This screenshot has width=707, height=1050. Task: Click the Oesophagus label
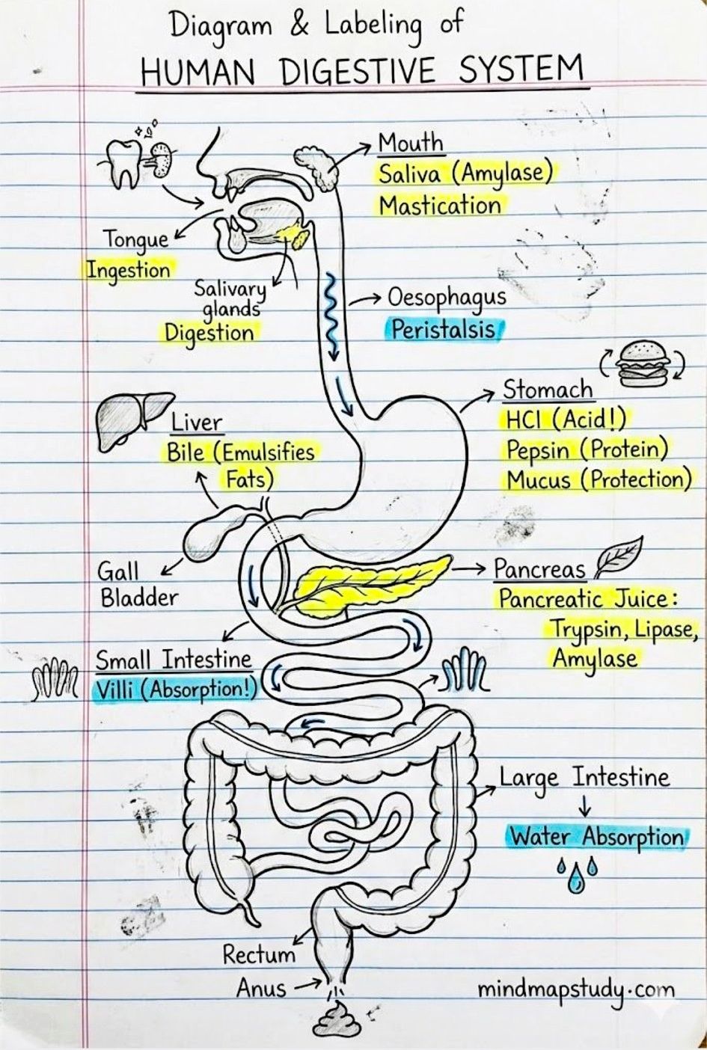447,298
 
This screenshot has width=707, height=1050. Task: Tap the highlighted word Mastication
439,206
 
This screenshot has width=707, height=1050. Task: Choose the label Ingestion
129,271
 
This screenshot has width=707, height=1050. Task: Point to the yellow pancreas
370,583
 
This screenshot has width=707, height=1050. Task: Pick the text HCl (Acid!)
566,420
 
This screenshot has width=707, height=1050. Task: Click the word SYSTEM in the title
521,70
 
